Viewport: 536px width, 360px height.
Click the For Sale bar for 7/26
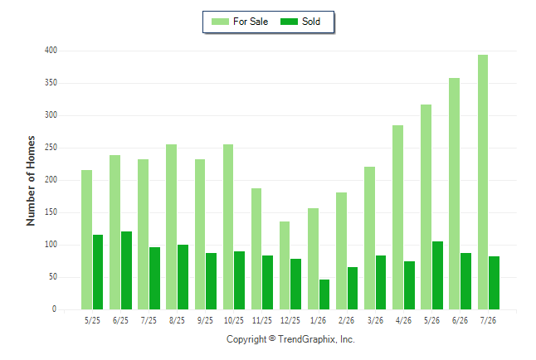tap(483, 182)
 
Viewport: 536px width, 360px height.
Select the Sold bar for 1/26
tap(324, 294)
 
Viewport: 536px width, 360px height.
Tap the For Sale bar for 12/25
tap(285, 265)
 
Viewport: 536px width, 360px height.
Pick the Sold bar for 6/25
tap(126, 270)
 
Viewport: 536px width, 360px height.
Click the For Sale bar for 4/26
tap(398, 217)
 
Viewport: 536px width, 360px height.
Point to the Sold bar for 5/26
tap(437, 275)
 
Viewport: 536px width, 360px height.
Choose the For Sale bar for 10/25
tap(228, 227)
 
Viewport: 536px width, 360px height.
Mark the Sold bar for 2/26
tap(353, 288)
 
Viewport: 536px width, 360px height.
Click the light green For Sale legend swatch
tap(220, 22)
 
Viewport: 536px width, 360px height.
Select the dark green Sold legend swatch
tap(290, 22)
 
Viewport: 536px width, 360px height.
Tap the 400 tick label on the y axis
tap(51, 51)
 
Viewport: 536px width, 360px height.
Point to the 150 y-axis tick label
tap(51, 212)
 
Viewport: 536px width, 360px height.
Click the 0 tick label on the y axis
tap(54, 309)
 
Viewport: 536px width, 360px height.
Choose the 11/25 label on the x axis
tap(262, 320)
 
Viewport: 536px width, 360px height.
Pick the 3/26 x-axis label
tap(375, 320)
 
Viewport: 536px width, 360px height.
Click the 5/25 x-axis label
tap(92, 320)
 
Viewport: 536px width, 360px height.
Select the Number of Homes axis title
tap(31, 181)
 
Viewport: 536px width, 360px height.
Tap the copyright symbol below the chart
tap(272, 338)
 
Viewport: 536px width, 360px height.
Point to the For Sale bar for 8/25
tap(172, 227)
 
